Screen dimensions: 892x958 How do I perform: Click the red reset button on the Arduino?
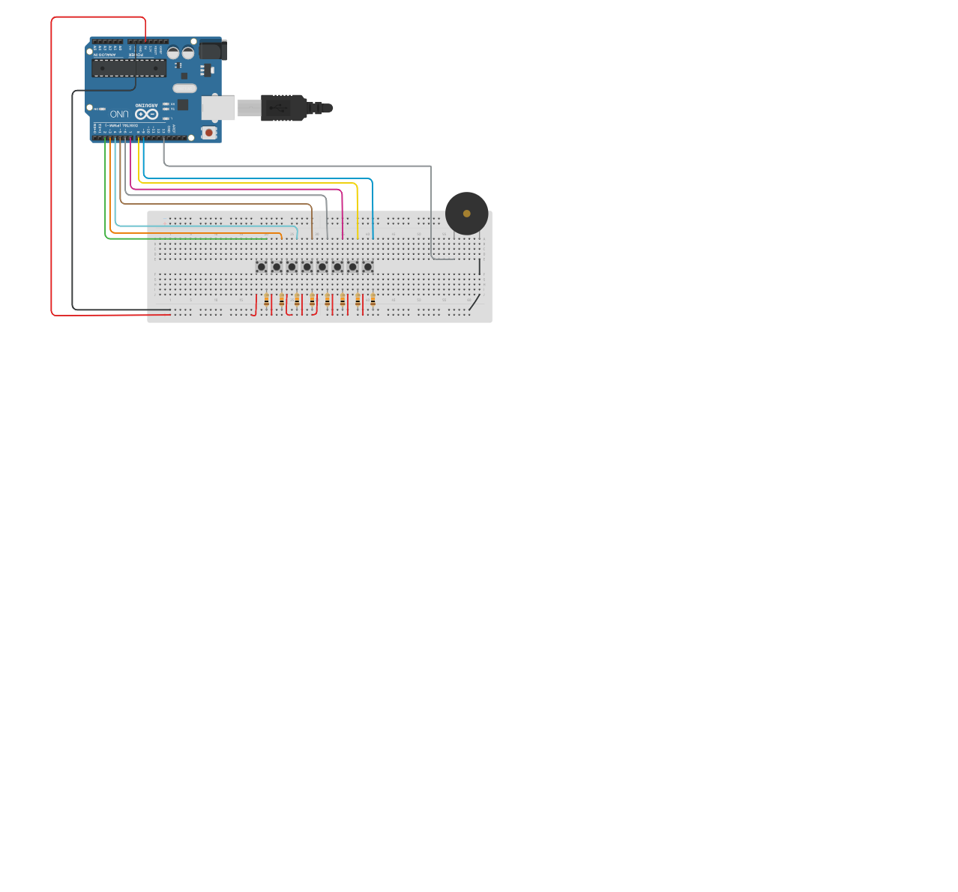(x=208, y=133)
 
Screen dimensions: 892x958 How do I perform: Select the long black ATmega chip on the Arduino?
(x=129, y=68)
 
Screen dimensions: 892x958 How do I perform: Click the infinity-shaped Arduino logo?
(x=146, y=114)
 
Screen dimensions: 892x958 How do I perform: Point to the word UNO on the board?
(x=119, y=114)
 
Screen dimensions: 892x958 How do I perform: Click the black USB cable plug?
(x=283, y=108)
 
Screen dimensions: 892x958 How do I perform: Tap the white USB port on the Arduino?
(x=217, y=108)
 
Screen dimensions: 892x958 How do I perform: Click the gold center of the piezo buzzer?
(x=466, y=214)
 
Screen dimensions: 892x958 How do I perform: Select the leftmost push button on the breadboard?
(x=261, y=267)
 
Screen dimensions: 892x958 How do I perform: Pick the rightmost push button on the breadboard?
(x=367, y=267)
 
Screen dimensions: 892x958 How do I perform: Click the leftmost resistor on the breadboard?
(x=266, y=301)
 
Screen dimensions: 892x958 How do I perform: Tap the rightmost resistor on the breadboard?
(x=373, y=301)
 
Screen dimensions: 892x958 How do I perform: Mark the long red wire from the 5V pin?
(x=51, y=165)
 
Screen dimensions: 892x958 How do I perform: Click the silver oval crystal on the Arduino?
(x=184, y=88)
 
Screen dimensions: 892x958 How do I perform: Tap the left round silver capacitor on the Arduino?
(x=173, y=53)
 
